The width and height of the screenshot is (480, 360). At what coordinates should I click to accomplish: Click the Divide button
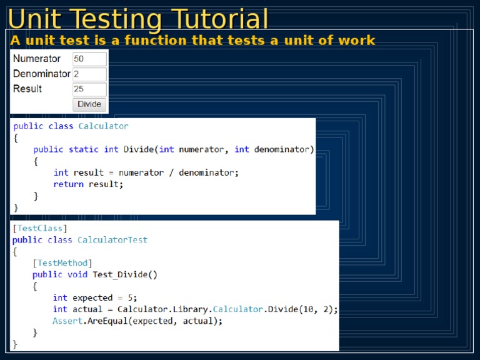pos(89,104)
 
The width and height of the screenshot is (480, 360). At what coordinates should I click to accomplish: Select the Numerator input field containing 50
pos(89,59)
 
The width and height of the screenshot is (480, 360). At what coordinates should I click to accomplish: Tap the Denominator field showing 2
pos(89,74)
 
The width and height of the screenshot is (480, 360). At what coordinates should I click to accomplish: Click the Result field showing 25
pos(89,89)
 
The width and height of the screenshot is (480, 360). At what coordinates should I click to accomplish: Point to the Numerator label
pos(37,59)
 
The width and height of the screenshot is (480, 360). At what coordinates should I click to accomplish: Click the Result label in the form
pos(27,89)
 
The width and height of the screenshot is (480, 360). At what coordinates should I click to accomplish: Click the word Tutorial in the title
pos(219,19)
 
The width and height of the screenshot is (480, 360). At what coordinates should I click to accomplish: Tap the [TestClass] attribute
pos(40,228)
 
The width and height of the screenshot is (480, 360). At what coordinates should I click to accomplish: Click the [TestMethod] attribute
pos(62,263)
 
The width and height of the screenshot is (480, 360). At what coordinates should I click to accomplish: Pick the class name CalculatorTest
pos(112,240)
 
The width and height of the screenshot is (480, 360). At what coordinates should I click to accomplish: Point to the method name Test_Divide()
pos(125,274)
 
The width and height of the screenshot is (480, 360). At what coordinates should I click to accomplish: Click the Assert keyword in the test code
pos(67,321)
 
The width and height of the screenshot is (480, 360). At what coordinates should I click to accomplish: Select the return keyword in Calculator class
pos(69,184)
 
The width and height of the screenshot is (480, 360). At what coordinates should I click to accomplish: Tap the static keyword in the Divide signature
pos(84,149)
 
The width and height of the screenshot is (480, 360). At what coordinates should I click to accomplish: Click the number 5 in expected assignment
pos(131,297)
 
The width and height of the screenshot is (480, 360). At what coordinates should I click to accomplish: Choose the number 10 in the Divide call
pos(307,309)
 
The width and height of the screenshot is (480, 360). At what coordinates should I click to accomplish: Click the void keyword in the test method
pos(77,274)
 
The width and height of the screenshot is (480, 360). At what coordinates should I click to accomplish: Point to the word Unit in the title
pos(34,19)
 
